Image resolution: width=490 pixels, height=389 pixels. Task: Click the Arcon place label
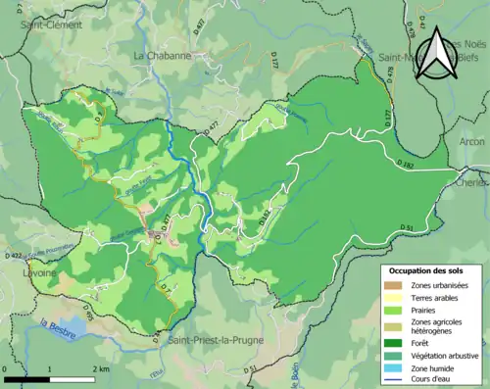pyautogui.click(x=470, y=141)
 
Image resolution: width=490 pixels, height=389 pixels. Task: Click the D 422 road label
pyautogui.click(x=14, y=255)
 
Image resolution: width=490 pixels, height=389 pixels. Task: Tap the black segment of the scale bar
pyautogui.click(x=29, y=378)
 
